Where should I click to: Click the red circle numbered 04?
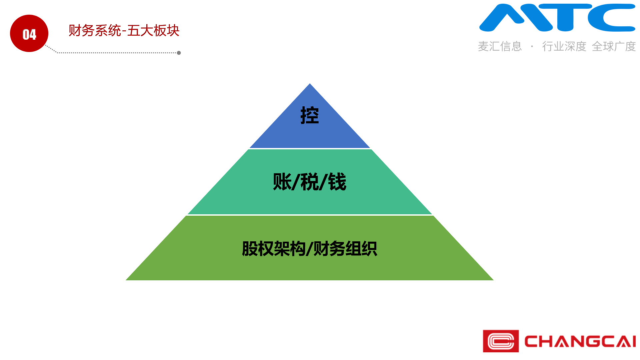[x=29, y=33]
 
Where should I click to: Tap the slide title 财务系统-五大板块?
[x=124, y=31]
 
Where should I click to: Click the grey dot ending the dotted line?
[x=179, y=53]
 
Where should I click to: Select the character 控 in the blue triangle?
[x=310, y=115]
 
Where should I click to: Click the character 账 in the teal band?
[x=282, y=182]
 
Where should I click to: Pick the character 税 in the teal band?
[x=310, y=182]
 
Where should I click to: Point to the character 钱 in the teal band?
[x=337, y=182]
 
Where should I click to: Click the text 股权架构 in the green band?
[x=274, y=249]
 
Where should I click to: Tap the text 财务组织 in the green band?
[x=345, y=249]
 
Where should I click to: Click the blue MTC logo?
[x=557, y=18]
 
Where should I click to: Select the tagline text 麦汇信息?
[x=500, y=46]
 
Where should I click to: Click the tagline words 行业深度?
[x=564, y=46]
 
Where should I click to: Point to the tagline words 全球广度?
[x=614, y=46]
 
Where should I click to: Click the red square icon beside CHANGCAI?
[x=501, y=341]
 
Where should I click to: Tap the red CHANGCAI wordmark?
[x=580, y=341]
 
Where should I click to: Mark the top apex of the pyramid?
[x=310, y=83]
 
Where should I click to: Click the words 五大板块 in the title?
[x=153, y=31]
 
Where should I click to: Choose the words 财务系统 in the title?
[x=95, y=31]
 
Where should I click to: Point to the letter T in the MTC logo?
[x=565, y=17]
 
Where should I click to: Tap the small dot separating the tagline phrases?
[x=532, y=46]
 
